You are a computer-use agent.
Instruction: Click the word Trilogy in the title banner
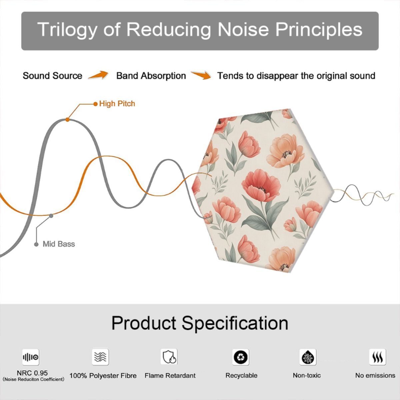[67, 30]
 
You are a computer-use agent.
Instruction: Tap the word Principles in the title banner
[319, 30]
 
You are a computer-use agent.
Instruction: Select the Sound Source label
[53, 76]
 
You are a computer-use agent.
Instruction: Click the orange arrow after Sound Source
[98, 75]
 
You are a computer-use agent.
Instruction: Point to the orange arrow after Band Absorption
[201, 75]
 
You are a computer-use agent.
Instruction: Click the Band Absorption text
[151, 76]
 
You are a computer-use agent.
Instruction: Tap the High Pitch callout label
[117, 104]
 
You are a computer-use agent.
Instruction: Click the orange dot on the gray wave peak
[67, 120]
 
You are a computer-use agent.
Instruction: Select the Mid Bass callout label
[59, 244]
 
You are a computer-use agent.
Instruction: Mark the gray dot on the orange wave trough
[51, 216]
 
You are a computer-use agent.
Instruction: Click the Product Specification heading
[200, 323]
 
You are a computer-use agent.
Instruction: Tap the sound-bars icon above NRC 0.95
[31, 357]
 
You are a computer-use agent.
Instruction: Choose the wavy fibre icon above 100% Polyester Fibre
[100, 357]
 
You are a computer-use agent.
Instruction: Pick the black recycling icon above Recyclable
[241, 357]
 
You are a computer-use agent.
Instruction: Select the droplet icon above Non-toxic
[308, 357]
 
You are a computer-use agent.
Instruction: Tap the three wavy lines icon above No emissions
[378, 357]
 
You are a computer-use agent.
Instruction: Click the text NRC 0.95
[32, 373]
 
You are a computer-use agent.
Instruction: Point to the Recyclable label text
[241, 375]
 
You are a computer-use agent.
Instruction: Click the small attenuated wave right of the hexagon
[362, 195]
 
